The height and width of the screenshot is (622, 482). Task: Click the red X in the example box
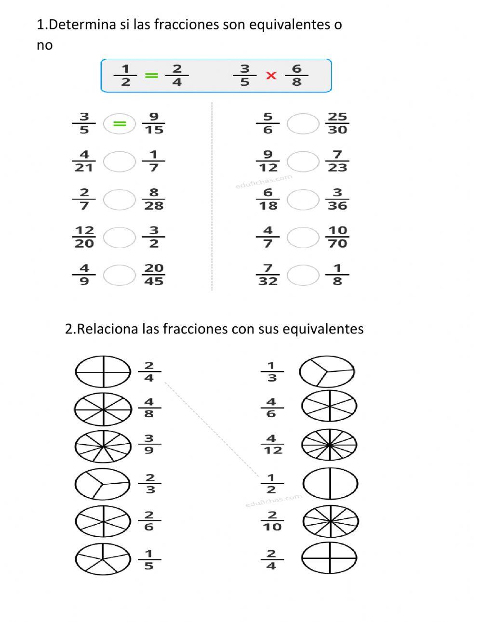point(271,76)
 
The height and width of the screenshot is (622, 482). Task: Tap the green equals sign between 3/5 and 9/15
point(120,124)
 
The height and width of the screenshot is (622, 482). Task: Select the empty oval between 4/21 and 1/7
point(120,161)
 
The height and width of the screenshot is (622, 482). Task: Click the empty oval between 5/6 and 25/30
point(303,124)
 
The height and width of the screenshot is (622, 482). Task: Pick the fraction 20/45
point(154,275)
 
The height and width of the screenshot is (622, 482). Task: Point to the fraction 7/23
point(337,161)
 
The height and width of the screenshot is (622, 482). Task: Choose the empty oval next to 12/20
point(120,237)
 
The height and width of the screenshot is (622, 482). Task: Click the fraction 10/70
point(337,237)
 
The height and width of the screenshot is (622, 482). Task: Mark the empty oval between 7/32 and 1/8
point(303,275)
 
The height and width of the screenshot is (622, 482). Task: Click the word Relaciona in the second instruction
point(107,329)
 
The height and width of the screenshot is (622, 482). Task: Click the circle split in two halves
point(331,483)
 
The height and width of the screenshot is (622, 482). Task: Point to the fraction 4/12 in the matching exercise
point(272,445)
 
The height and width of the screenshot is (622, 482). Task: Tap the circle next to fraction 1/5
point(103,559)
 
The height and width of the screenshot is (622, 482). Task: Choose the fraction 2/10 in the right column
point(272,521)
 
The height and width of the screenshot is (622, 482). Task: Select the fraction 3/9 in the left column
point(149,445)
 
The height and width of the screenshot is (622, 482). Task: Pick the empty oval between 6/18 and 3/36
point(303,199)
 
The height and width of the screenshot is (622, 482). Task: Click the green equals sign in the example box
point(151,76)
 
